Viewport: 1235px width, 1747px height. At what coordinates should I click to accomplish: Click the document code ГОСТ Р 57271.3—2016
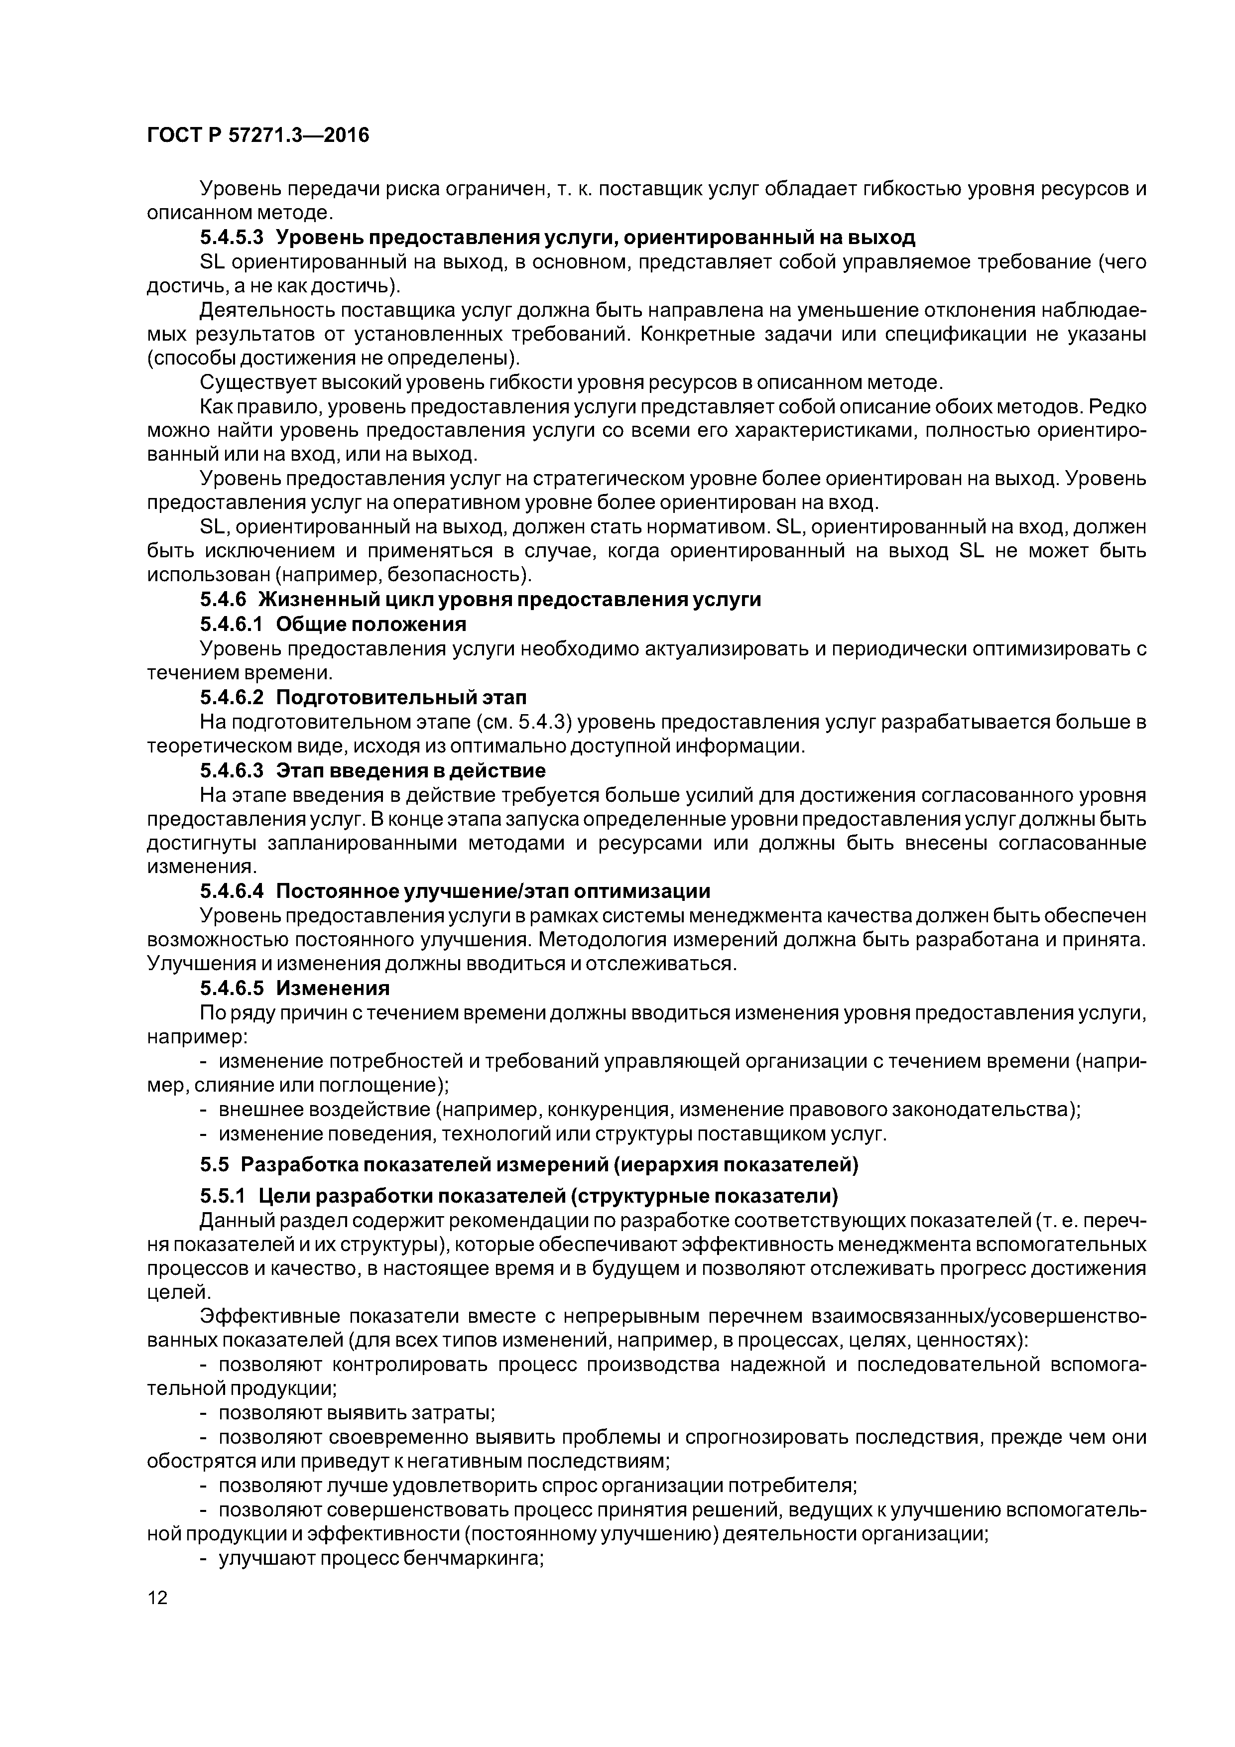(x=257, y=135)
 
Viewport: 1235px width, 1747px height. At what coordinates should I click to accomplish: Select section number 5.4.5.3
(x=232, y=238)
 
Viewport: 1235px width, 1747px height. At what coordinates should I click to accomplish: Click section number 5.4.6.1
(x=232, y=624)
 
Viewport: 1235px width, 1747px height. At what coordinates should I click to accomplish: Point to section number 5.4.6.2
(x=232, y=697)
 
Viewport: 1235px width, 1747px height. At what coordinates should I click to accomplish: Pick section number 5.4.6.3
(x=232, y=770)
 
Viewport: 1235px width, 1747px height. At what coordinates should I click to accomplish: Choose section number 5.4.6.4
(x=232, y=891)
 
